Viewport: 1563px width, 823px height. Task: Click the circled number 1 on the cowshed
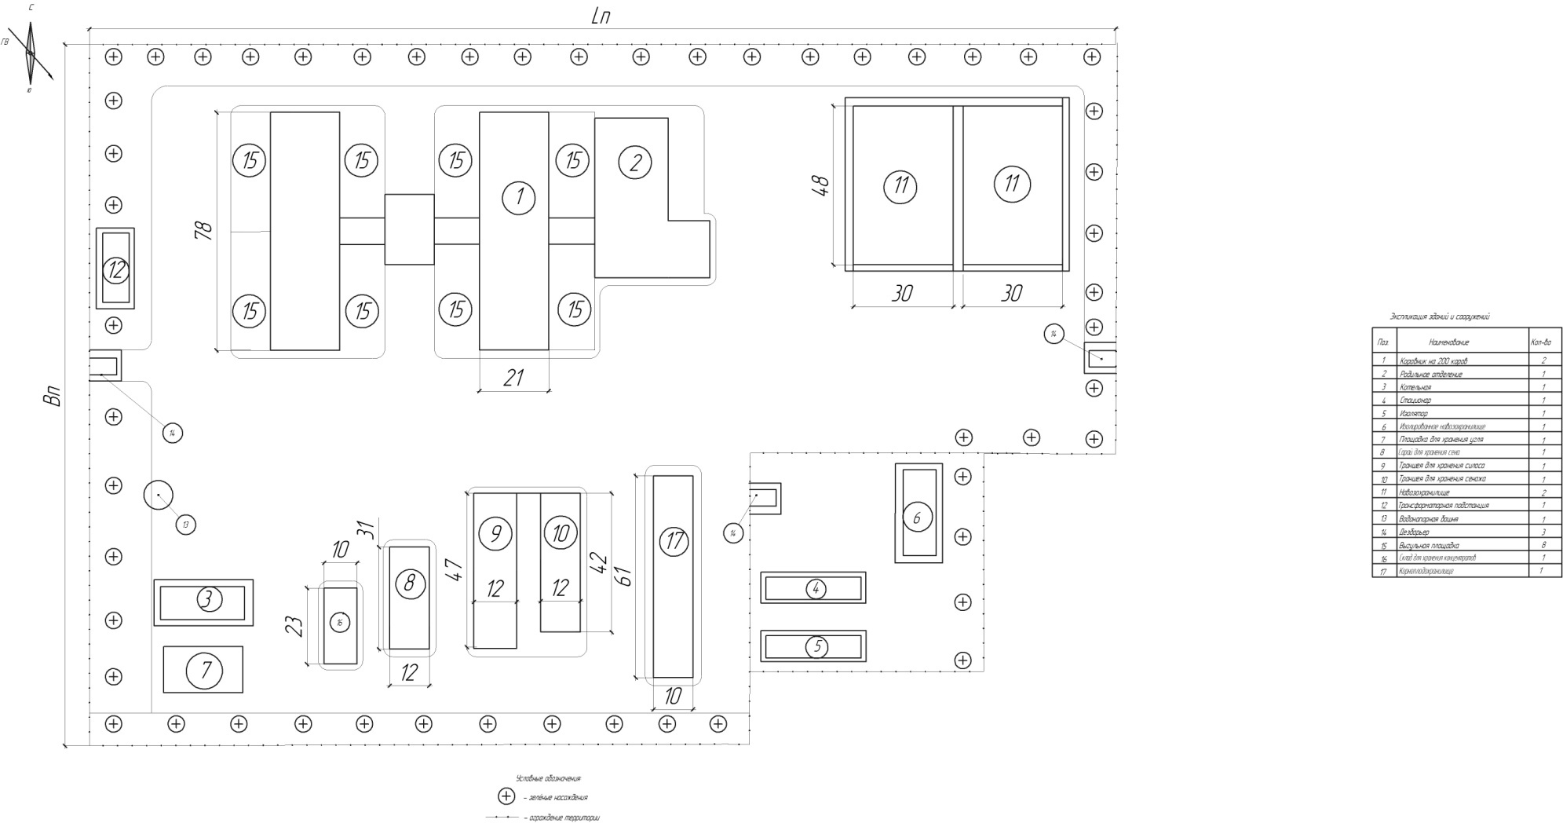(x=518, y=197)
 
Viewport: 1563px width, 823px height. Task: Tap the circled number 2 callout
(x=635, y=163)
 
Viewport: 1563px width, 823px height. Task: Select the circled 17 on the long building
(x=674, y=540)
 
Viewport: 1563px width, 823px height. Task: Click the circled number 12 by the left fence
(x=116, y=270)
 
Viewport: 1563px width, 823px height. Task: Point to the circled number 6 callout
(x=917, y=518)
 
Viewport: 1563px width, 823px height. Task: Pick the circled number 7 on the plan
(x=206, y=670)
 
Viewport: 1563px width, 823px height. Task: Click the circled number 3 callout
(x=208, y=600)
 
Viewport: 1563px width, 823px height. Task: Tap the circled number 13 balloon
(x=185, y=525)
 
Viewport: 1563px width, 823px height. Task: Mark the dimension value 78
(x=203, y=231)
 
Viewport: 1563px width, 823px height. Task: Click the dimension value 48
(x=820, y=185)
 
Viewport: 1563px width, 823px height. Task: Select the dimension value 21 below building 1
(x=513, y=378)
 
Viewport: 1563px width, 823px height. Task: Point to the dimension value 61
(x=625, y=576)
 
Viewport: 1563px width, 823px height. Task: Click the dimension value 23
(x=294, y=626)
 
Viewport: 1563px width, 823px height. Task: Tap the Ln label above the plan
(x=601, y=16)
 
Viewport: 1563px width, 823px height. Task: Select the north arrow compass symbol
(x=31, y=52)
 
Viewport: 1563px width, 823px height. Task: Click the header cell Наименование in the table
(x=1448, y=342)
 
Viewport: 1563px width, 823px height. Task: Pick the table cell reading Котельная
(x=1415, y=387)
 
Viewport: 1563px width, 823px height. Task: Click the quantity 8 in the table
(x=1543, y=545)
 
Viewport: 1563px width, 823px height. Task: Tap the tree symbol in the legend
(x=507, y=796)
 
